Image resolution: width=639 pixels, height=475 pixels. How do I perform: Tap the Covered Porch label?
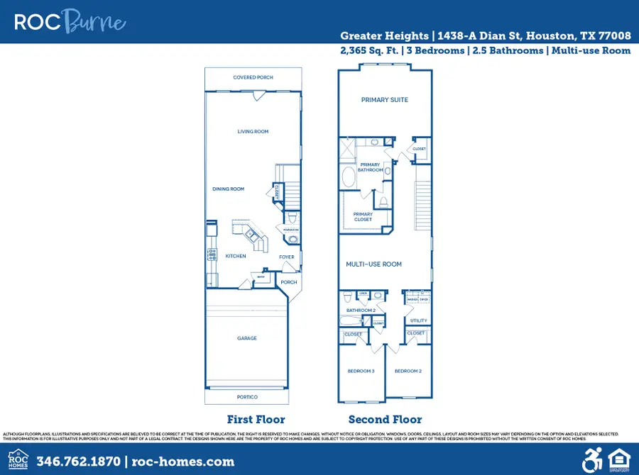pyautogui.click(x=253, y=77)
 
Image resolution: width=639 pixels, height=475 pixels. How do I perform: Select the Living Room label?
pyautogui.click(x=253, y=131)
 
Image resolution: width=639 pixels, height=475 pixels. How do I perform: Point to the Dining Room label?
pyautogui.click(x=228, y=189)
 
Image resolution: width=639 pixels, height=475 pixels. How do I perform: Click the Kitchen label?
pyautogui.click(x=236, y=256)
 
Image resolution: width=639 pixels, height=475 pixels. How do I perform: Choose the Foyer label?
pyautogui.click(x=286, y=257)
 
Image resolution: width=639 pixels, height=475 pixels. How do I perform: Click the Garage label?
pyautogui.click(x=247, y=338)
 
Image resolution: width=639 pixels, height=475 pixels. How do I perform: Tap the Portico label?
pyautogui.click(x=247, y=397)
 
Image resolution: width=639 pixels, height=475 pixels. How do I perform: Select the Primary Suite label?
pyautogui.click(x=385, y=100)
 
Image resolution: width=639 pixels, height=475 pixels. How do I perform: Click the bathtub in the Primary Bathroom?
pyautogui.click(x=349, y=177)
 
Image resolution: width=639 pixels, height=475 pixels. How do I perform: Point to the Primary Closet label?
pyautogui.click(x=363, y=217)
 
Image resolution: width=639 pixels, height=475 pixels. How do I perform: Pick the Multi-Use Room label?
pyautogui.click(x=373, y=264)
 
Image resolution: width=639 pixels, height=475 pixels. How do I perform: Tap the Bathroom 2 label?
pyautogui.click(x=361, y=311)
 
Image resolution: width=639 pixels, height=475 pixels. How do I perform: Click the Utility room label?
pyautogui.click(x=418, y=320)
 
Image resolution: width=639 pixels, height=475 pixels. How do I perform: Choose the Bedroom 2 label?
pyautogui.click(x=408, y=371)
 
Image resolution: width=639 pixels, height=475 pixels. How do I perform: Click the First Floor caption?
pyautogui.click(x=256, y=419)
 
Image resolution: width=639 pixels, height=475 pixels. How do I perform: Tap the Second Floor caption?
pyautogui.click(x=385, y=419)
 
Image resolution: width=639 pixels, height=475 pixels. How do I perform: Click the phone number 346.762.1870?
pyautogui.click(x=78, y=462)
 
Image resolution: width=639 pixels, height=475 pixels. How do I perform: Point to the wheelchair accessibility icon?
pyautogui.click(x=591, y=461)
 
